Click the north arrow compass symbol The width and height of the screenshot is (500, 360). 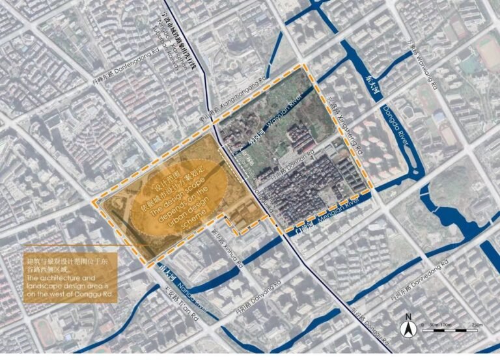(408, 329)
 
